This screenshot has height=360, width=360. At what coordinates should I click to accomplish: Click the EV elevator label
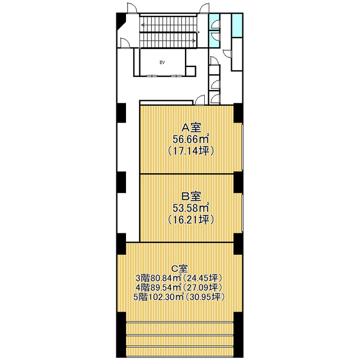(162, 62)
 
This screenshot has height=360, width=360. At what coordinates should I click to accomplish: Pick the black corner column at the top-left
(120, 21)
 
